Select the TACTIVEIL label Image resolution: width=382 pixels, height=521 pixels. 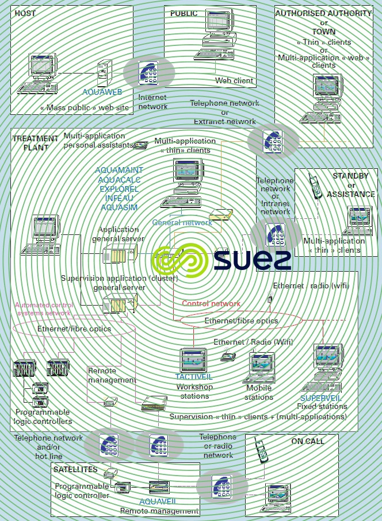click(x=194, y=377)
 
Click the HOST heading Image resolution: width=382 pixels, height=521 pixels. click(x=25, y=13)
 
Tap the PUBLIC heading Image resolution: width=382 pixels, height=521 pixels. click(x=184, y=13)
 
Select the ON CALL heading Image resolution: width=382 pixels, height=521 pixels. click(x=307, y=441)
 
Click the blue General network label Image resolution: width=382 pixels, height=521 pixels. click(x=182, y=222)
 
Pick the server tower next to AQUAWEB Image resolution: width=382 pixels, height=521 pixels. click(x=104, y=72)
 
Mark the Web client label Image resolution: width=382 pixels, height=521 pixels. click(x=234, y=80)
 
